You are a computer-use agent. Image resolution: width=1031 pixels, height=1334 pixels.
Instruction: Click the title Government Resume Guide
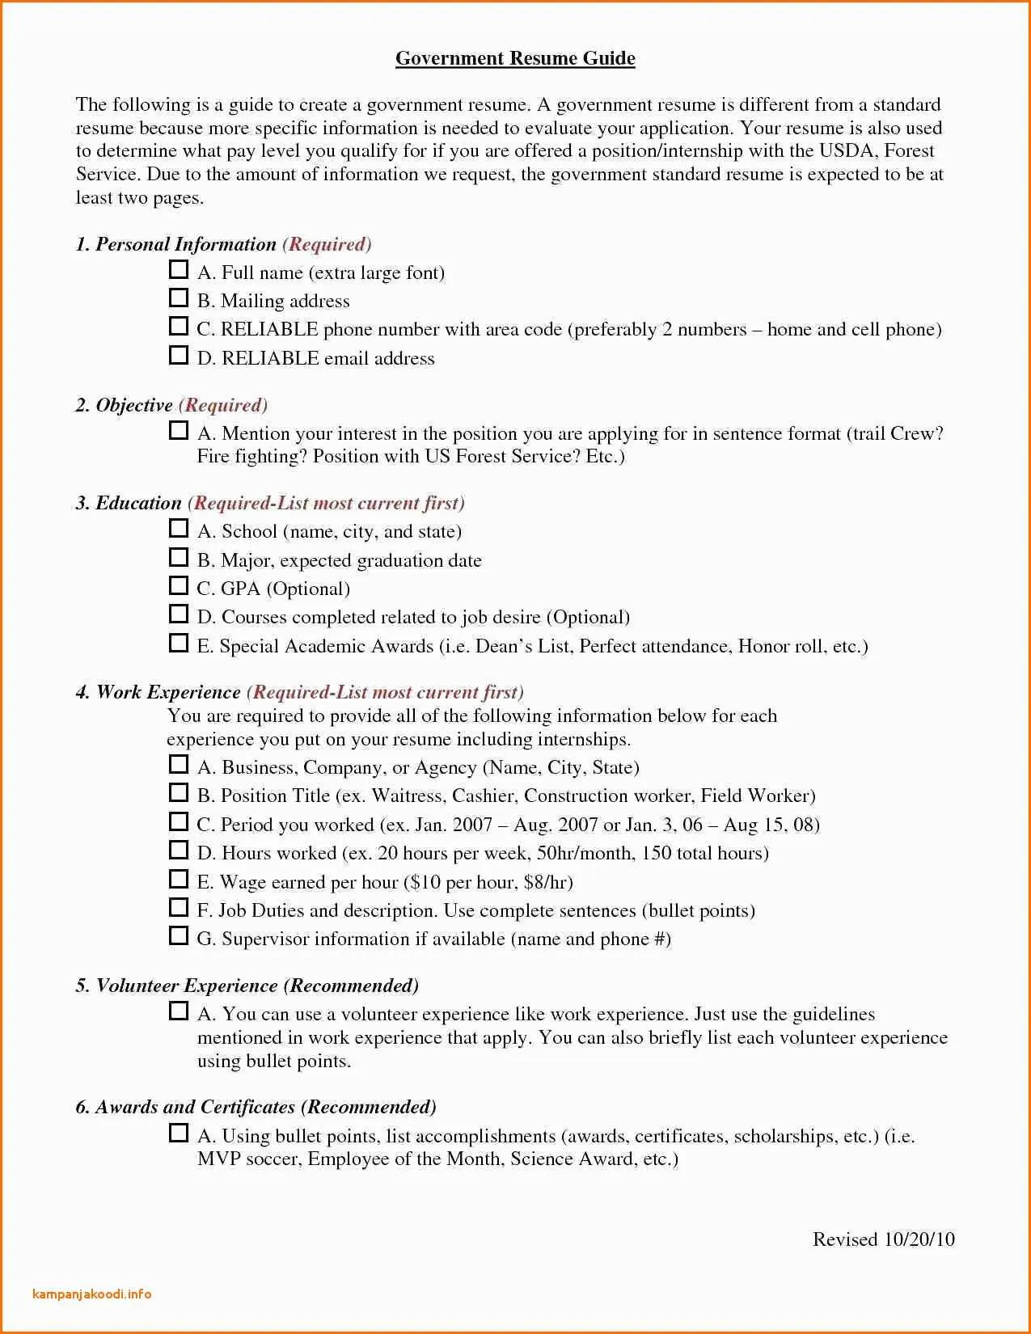tap(515, 58)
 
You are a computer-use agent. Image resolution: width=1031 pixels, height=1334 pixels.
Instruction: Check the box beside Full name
tap(179, 269)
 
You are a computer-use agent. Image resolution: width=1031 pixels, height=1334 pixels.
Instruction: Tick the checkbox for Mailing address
tap(179, 298)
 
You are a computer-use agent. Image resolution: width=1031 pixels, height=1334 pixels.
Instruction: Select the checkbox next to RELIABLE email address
tap(179, 355)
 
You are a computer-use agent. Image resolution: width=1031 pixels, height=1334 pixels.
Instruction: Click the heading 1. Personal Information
tap(175, 244)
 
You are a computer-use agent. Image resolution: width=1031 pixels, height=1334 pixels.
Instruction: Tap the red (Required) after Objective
tap(223, 405)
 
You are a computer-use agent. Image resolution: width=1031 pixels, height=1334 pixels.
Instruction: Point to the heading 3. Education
tap(129, 503)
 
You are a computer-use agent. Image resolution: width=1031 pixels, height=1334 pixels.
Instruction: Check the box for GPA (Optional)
tap(179, 585)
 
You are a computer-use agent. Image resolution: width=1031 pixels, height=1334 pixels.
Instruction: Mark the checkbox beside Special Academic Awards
tap(179, 643)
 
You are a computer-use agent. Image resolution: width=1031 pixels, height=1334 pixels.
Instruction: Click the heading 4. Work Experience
tap(158, 692)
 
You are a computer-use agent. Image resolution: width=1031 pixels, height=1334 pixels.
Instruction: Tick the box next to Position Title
tap(179, 792)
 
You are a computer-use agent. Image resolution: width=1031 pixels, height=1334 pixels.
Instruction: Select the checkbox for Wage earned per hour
tap(179, 879)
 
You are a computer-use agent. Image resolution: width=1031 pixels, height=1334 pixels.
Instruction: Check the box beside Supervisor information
tap(179, 935)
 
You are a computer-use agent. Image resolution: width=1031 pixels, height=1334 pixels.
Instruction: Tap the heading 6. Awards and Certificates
tap(185, 1107)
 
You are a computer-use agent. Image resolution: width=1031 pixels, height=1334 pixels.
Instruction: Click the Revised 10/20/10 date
tap(883, 1239)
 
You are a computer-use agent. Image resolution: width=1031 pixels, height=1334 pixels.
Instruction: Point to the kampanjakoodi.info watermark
tap(92, 1294)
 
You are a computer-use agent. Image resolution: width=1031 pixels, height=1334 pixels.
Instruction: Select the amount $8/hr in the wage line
tap(548, 882)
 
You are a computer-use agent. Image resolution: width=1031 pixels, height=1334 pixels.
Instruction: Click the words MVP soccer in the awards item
tap(249, 1159)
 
